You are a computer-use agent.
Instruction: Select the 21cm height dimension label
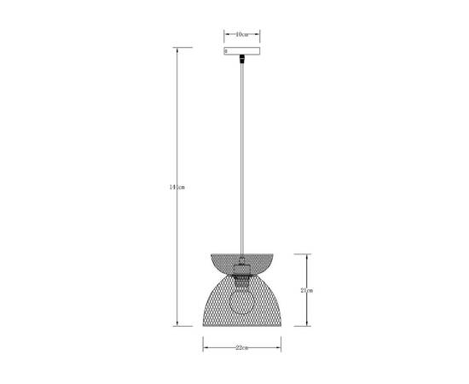pyautogui.click(x=306, y=290)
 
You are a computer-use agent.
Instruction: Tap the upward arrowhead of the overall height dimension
pyautogui.click(x=178, y=49)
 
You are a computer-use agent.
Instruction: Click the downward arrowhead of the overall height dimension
pyautogui.click(x=178, y=324)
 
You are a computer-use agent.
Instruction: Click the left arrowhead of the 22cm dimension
pyautogui.click(x=205, y=348)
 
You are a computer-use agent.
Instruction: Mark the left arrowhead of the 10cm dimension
pyautogui.click(x=226, y=34)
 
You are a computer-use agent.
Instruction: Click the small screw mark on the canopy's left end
pyautogui.click(x=226, y=51)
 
